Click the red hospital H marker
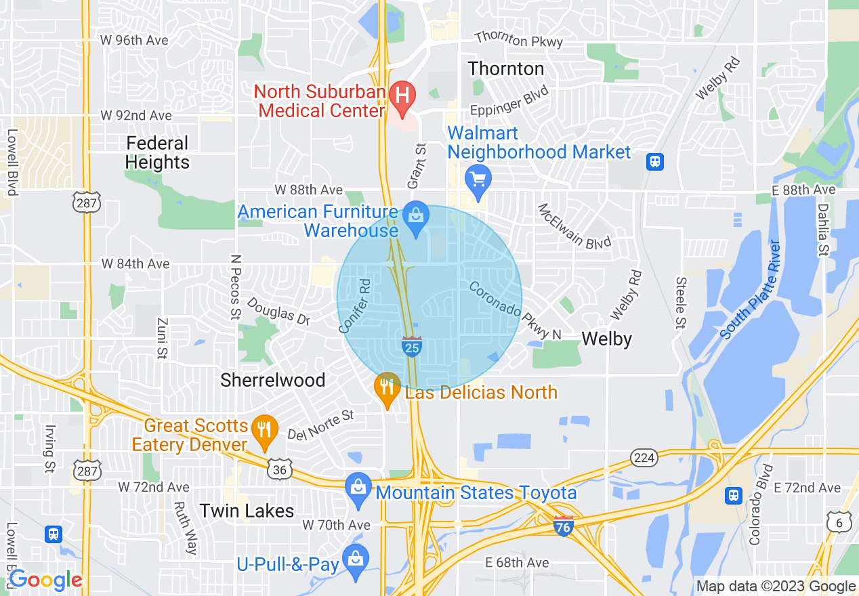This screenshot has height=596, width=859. [404, 93]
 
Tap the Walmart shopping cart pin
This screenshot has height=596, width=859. [478, 179]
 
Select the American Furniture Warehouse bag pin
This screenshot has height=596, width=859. [415, 217]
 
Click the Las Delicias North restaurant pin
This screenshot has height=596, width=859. [387, 387]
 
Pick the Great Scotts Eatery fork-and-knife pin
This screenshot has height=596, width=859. [264, 429]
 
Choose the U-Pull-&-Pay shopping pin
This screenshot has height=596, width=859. [355, 559]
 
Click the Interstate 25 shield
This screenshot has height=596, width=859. [411, 347]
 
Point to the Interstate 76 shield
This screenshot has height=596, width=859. [563, 526]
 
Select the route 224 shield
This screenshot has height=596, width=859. [644, 458]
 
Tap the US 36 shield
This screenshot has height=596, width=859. [279, 469]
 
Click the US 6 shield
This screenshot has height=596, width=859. [838, 521]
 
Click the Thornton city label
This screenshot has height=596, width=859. [505, 68]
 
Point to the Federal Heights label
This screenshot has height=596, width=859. [158, 153]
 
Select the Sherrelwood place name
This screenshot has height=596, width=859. [272, 380]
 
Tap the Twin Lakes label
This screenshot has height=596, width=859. [247, 511]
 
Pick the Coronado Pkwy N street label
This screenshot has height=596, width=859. [515, 310]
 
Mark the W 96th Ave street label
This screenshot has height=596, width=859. [134, 40]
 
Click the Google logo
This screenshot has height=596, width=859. [45, 580]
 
